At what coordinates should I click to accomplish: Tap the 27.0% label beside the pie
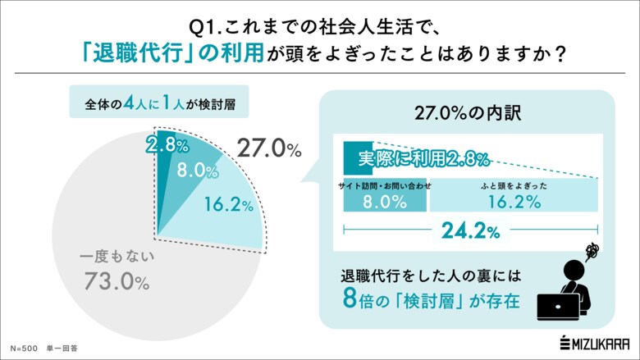point(268,148)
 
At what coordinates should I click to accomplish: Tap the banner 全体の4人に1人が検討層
point(155,105)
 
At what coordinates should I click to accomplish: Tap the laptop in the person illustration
point(560,306)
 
